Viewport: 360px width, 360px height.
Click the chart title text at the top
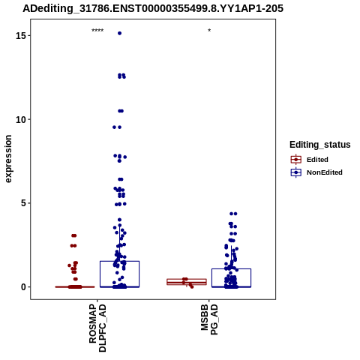tap(153, 8)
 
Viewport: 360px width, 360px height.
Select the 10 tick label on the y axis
tap(21, 120)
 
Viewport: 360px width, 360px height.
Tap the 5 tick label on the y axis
tap(24, 203)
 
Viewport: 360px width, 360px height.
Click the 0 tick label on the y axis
tap(24, 287)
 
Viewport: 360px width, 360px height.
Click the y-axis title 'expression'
tap(8, 159)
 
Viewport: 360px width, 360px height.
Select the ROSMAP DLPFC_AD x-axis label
tap(97, 328)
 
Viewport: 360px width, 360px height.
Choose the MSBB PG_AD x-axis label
tap(209, 319)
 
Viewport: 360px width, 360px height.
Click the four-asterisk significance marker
tap(97, 31)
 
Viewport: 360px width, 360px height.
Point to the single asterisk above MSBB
tap(209, 31)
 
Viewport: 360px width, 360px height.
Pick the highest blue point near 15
tap(119, 33)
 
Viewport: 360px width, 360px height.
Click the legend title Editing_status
tap(320, 145)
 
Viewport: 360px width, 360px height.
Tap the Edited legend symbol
tap(296, 159)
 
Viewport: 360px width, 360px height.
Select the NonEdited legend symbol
tap(296, 172)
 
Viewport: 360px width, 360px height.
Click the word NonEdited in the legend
tap(325, 172)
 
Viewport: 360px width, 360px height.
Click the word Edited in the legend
tap(317, 160)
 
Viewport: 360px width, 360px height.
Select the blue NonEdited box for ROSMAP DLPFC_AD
tap(119, 261)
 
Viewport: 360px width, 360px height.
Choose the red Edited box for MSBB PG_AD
tap(187, 279)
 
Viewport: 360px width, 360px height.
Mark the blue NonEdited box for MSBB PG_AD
tap(231, 269)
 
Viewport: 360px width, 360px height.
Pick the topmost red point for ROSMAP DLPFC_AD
tap(73, 235)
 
